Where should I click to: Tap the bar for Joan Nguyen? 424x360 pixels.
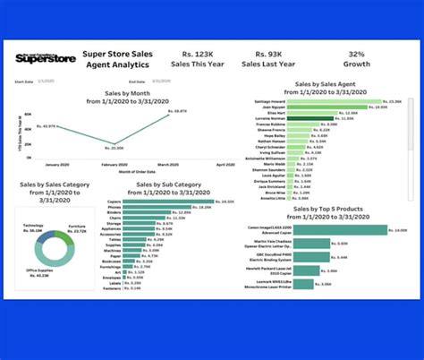(x=339, y=107)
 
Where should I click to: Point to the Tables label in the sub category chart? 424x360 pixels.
(x=115, y=240)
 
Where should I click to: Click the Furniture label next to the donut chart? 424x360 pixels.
(x=78, y=204)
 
